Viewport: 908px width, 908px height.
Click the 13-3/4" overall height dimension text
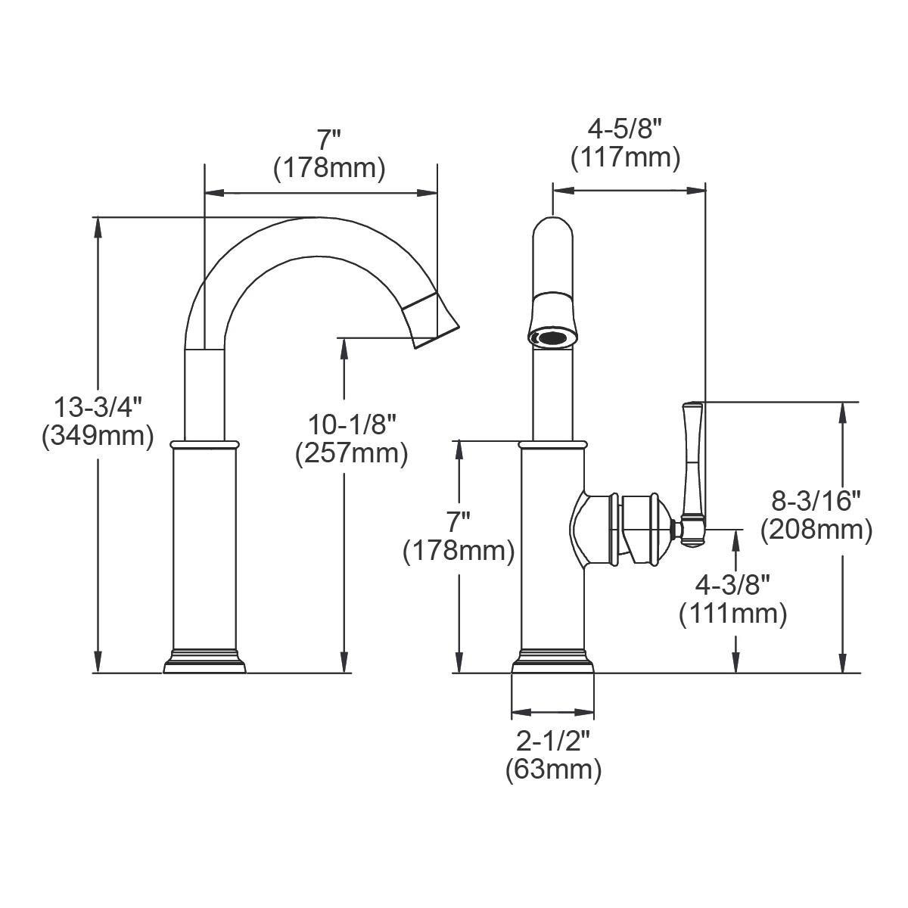pyautogui.click(x=98, y=408)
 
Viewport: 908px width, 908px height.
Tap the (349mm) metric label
pyautogui.click(x=98, y=436)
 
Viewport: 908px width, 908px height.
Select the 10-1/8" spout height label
pyautogui.click(x=352, y=424)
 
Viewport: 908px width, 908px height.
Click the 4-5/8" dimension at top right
pyautogui.click(x=625, y=129)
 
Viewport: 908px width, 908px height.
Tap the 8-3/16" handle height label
pyautogui.click(x=816, y=501)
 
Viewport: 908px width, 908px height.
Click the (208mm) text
pyautogui.click(x=816, y=529)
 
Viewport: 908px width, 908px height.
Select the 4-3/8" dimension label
pyautogui.click(x=732, y=585)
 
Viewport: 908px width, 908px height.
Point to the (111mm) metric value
pyautogui.click(x=732, y=613)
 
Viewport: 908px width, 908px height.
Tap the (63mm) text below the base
pyautogui.click(x=553, y=770)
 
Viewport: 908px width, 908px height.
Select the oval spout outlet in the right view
pyautogui.click(x=553, y=337)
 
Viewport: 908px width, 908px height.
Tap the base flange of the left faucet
pyautogui.click(x=205, y=664)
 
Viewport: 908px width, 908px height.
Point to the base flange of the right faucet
pyautogui.click(x=552, y=664)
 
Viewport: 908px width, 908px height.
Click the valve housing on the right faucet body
pyautogui.click(x=620, y=529)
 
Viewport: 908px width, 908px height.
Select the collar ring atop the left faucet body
pyautogui.click(x=205, y=443)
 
